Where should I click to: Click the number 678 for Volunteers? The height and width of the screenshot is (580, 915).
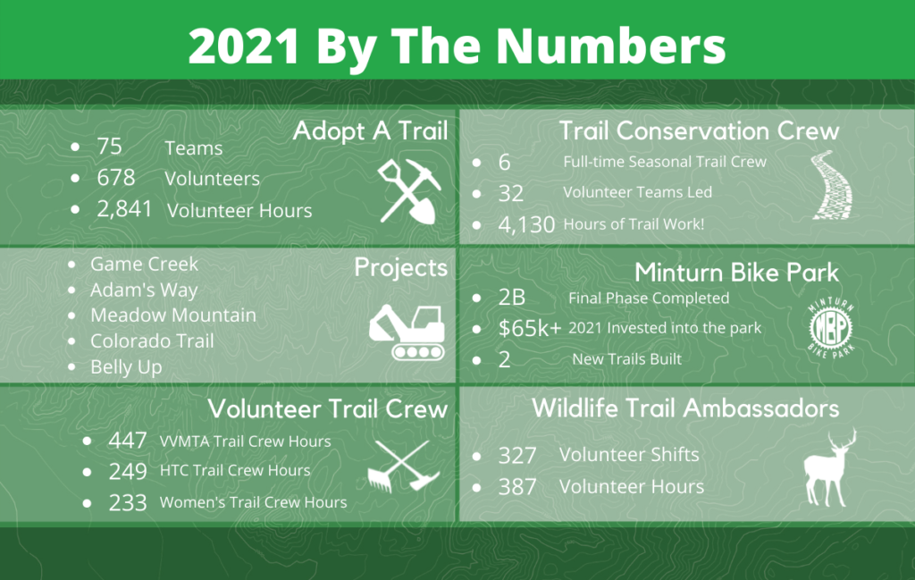[115, 177]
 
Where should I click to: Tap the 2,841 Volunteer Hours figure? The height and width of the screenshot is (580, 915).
[124, 209]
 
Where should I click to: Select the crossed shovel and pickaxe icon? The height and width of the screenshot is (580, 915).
[408, 191]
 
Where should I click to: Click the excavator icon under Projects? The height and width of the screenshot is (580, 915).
[407, 331]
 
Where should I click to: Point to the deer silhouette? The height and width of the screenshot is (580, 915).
[829, 467]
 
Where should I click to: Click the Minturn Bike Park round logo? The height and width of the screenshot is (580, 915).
[831, 327]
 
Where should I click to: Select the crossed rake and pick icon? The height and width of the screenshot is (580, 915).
[403, 467]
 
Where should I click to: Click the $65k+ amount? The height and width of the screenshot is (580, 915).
[529, 329]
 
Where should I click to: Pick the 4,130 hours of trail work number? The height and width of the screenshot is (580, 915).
[526, 224]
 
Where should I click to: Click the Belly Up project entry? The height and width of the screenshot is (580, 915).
[126, 367]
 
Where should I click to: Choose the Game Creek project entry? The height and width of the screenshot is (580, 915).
[144, 264]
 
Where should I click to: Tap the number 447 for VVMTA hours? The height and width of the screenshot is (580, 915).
[127, 441]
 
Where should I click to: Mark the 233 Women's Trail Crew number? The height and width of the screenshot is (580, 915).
[127, 503]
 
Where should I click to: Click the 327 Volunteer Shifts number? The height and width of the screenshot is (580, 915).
[517, 456]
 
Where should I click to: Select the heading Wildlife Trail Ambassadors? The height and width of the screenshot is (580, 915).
[685, 408]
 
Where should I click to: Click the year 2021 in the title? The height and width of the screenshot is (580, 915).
[245, 46]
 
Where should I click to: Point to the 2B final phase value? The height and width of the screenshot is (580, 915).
[512, 298]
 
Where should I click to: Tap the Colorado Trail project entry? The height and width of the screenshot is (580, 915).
[152, 341]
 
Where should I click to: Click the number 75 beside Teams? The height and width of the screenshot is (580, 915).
[109, 147]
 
